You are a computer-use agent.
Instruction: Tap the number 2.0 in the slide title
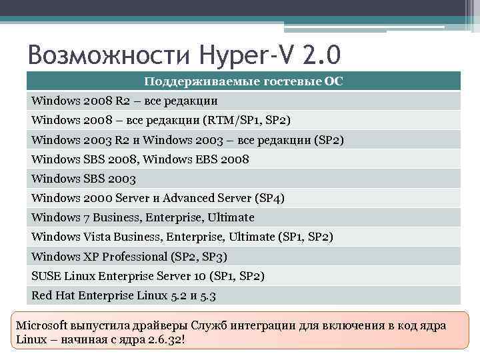click(323, 53)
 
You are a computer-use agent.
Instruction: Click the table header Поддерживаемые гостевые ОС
click(244, 82)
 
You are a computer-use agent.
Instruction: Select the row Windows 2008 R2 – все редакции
click(125, 101)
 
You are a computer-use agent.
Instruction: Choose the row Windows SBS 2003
click(84, 179)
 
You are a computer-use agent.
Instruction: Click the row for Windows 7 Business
click(143, 217)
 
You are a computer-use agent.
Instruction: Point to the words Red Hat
click(55, 295)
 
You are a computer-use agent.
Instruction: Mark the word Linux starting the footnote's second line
click(30, 339)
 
